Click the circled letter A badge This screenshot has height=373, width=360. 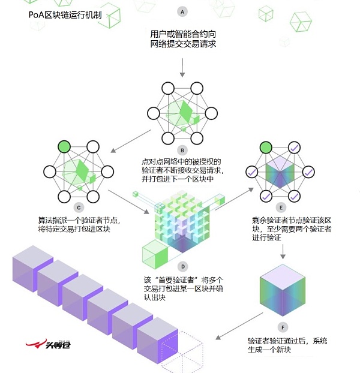point(182,11)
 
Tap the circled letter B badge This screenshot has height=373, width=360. point(182,151)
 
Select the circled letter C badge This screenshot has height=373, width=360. point(79,207)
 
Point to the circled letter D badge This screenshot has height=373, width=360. point(183,267)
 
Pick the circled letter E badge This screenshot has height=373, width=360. point(281,207)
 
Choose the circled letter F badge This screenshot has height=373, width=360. point(283,327)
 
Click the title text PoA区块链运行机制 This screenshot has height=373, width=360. point(65,15)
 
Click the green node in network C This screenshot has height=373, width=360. point(64,147)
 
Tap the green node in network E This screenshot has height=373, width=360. point(266,148)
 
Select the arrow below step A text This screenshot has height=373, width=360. point(182,68)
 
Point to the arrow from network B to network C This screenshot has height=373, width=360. point(131,141)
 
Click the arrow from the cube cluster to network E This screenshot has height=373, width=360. point(235,199)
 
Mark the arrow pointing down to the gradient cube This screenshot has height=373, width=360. point(283,252)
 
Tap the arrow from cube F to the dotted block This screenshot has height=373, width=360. point(239,326)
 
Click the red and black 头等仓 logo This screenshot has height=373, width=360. point(48,344)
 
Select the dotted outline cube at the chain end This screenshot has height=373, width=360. point(182,351)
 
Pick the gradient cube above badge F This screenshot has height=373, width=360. point(283,290)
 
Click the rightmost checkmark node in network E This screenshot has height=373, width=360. point(308,172)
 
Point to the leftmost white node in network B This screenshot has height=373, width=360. point(154,113)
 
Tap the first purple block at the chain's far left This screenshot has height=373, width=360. point(32,269)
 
